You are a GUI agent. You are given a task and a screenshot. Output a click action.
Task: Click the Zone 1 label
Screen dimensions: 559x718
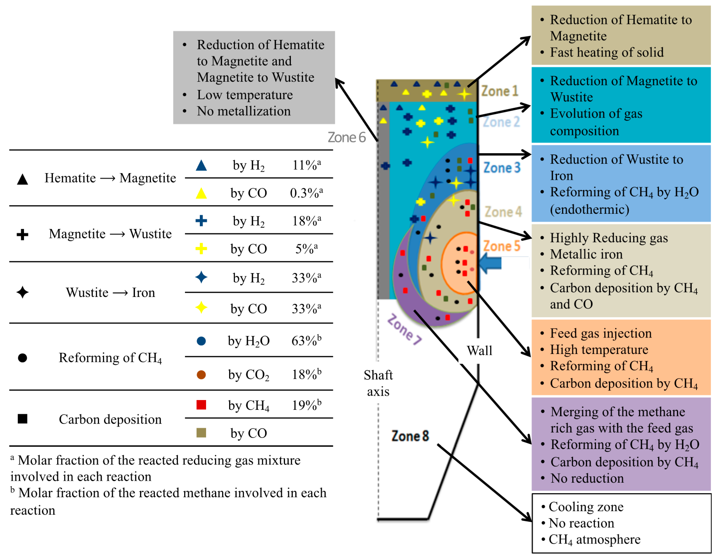pos(500,91)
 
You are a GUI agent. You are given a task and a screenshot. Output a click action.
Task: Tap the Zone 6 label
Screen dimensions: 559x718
pos(346,137)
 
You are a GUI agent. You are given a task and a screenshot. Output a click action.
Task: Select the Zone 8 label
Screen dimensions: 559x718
pos(410,436)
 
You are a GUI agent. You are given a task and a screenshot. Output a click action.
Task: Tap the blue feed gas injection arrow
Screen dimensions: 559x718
pos(490,263)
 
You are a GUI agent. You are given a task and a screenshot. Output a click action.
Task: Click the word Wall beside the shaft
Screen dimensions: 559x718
pos(479,351)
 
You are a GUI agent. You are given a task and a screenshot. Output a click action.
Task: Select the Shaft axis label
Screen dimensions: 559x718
pos(378,383)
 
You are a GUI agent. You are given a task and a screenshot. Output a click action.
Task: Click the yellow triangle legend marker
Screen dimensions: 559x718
pos(201,193)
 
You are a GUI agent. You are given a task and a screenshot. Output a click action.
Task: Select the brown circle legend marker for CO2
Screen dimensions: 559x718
pos(201,375)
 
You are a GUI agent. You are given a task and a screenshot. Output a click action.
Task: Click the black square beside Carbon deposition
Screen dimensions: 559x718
pos(22,419)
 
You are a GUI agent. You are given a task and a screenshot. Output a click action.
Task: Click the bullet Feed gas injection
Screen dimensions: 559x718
pos(601,333)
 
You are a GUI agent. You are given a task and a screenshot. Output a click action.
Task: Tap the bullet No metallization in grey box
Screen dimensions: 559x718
pos(244,111)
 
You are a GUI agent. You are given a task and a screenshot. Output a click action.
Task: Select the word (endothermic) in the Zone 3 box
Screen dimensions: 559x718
pos(589,209)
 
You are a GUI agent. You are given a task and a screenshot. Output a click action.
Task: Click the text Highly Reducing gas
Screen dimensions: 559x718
pos(609,238)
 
